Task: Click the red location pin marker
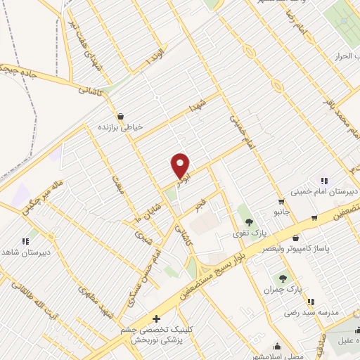pos(181,166)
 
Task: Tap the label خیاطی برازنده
pos(122,127)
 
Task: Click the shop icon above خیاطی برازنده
pos(122,116)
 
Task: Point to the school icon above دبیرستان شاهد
pos(25,240)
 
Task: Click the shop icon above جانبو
pos(281,201)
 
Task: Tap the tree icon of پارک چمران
pos(283,278)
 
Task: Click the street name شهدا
pos(196,108)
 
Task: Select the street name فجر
pos(202,207)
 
